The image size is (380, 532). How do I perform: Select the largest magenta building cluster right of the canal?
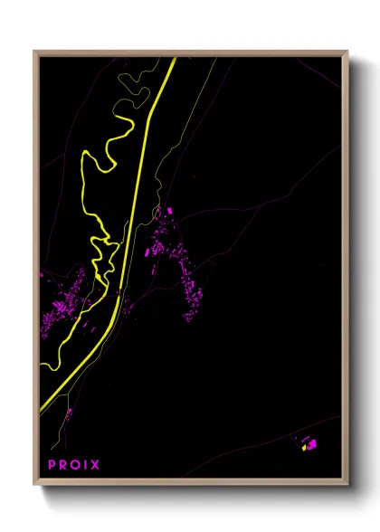click(x=185, y=271)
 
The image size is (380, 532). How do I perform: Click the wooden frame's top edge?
click(x=190, y=52)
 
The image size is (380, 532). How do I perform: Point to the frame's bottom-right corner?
click(x=347, y=484)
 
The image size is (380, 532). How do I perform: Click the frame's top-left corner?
click(x=35, y=52)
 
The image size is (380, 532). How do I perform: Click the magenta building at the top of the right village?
click(x=169, y=211)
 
